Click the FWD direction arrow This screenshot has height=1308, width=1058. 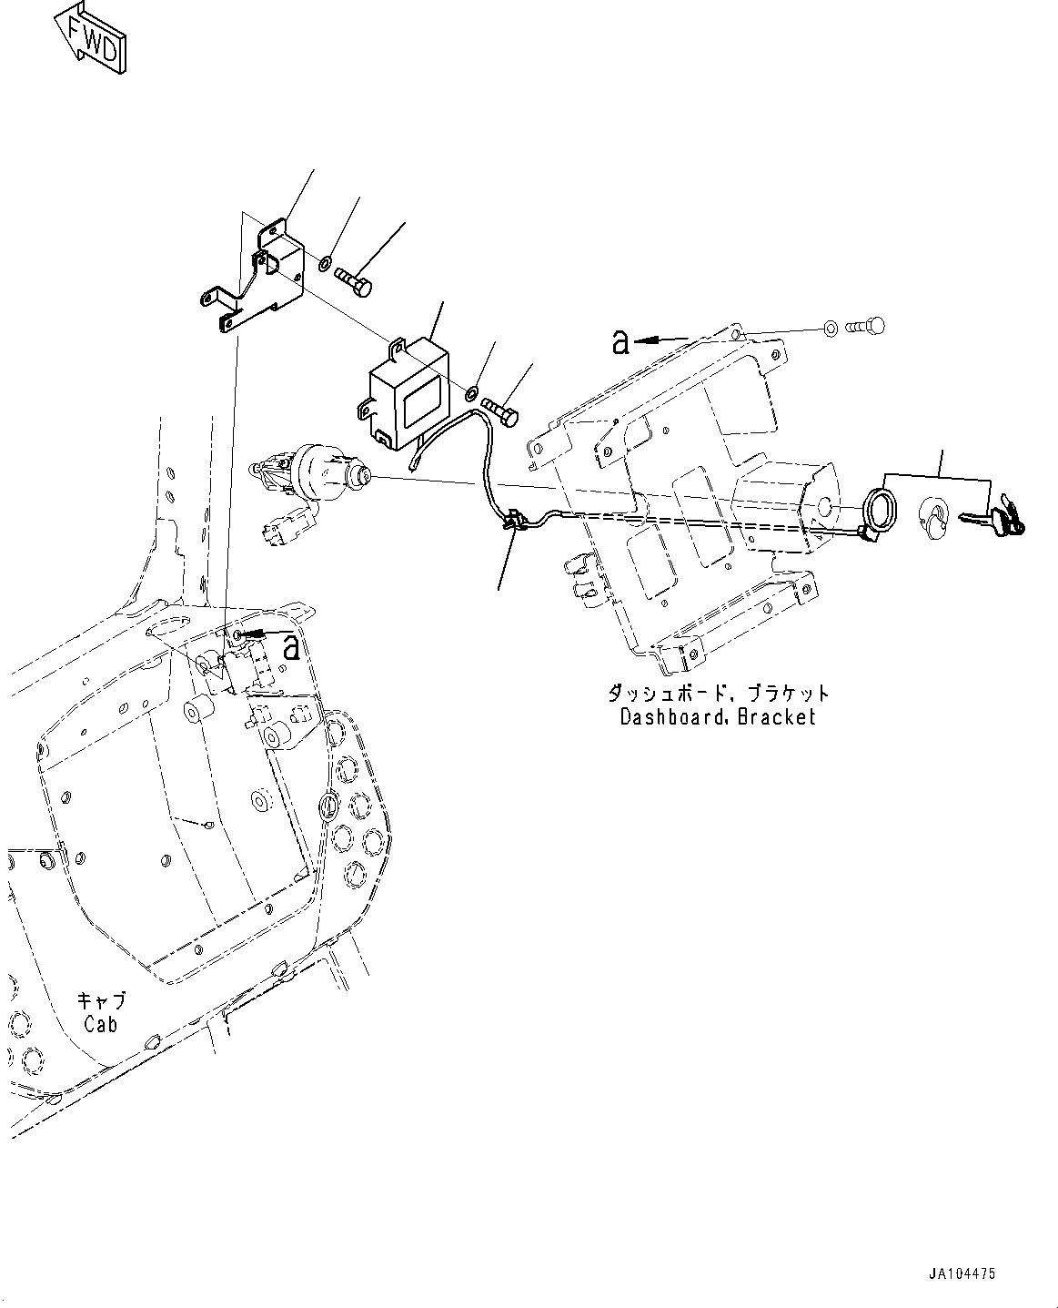pyautogui.click(x=91, y=38)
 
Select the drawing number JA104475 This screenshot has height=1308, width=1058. pyautogui.click(x=962, y=1273)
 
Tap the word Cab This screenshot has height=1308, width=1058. pyautogui.click(x=101, y=1024)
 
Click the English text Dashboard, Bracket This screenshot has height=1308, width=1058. pyautogui.click(x=718, y=716)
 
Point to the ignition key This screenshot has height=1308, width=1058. pyautogui.click(x=993, y=520)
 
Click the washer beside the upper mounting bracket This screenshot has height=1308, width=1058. pyautogui.click(x=326, y=263)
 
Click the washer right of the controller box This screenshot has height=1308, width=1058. pyautogui.click(x=472, y=391)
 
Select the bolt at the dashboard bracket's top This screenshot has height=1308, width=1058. pyautogui.click(x=865, y=326)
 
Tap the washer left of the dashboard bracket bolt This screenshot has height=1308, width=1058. pyautogui.click(x=830, y=329)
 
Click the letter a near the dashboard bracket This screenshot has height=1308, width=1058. pyautogui.click(x=620, y=341)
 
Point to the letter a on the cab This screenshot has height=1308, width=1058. pyautogui.click(x=291, y=647)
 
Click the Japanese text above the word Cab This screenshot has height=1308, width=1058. pyautogui.click(x=101, y=1001)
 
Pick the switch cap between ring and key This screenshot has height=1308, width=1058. pyautogui.click(x=932, y=518)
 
